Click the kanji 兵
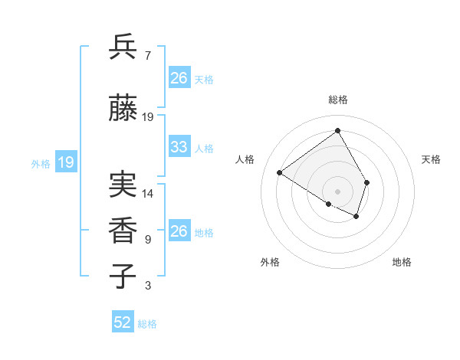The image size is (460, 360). click(123, 47)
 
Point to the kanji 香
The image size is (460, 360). click(123, 230)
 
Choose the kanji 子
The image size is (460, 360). click(123, 276)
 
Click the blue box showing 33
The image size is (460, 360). click(179, 147)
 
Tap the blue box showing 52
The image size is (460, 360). click(123, 322)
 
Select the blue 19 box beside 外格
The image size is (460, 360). click(65, 162)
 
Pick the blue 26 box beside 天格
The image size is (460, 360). click(179, 77)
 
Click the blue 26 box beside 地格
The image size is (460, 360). click(179, 231)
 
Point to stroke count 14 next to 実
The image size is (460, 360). click(148, 194)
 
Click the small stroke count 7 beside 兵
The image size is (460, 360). click(147, 56)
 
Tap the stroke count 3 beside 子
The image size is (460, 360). click(147, 286)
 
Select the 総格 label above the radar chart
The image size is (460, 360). click(337, 100)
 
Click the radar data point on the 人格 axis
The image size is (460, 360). click(280, 173)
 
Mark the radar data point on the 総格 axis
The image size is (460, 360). click(337, 130)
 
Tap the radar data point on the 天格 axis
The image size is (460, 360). click(367, 182)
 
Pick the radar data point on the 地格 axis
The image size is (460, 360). click(356, 216)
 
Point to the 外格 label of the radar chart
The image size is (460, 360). click(270, 262)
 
